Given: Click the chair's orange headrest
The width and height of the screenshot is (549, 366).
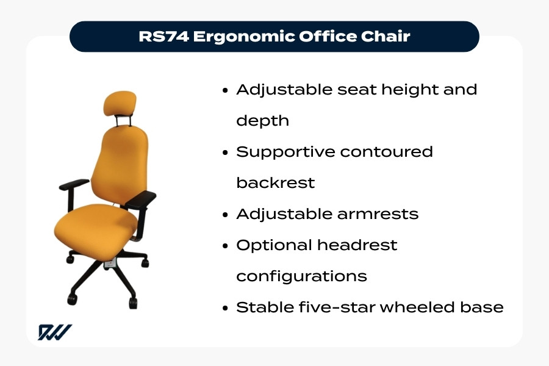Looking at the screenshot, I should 120,103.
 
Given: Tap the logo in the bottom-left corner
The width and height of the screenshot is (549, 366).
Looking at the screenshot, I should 55,332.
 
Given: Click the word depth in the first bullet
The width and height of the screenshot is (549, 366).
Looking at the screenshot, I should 262,121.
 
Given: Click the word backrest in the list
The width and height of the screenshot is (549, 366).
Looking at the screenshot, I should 275,182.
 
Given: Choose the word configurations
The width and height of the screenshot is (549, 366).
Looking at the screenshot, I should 301,276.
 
